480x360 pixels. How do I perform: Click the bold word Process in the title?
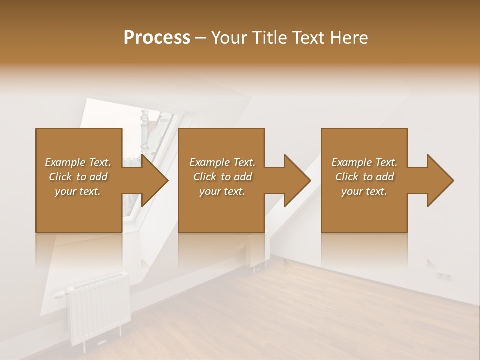(x=157, y=38)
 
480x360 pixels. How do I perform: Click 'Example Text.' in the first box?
(x=78, y=162)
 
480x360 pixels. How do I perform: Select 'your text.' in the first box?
(x=78, y=191)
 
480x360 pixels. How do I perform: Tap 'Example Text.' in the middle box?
(x=222, y=162)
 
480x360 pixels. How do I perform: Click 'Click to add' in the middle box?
(x=222, y=177)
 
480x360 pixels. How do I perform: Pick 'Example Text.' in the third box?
(x=364, y=162)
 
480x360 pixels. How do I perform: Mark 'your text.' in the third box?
(x=364, y=191)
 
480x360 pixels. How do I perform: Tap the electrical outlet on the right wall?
(x=443, y=275)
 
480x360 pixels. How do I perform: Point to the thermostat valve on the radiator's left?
(x=60, y=294)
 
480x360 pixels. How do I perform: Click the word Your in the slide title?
(x=228, y=38)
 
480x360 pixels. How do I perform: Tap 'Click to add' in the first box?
(x=78, y=177)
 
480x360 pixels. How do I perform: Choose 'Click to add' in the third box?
(x=364, y=177)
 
